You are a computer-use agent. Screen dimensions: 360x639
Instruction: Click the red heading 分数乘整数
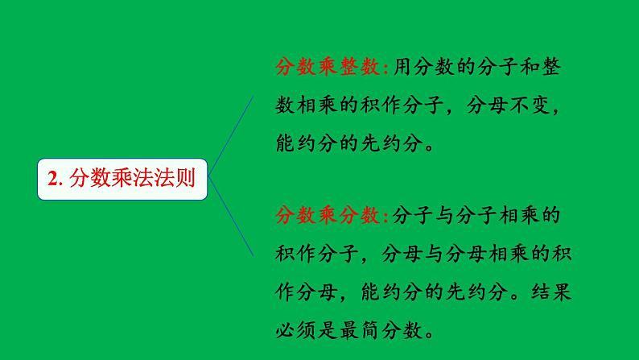tap(331, 69)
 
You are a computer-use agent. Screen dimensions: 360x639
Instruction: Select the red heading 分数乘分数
tap(331, 216)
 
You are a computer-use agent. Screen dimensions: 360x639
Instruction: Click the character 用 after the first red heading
tap(403, 69)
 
